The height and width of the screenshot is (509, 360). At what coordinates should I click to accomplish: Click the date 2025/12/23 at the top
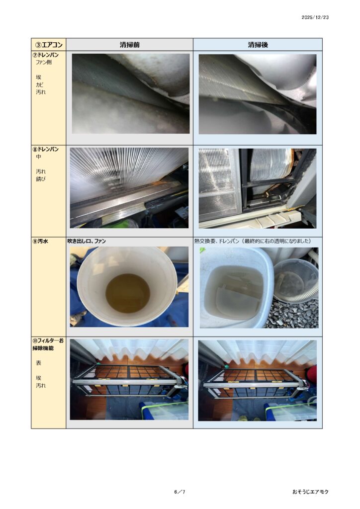(315, 17)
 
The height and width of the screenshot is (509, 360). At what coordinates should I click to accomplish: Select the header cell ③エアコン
(49, 44)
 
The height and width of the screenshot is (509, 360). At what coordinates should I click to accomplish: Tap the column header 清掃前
(129, 45)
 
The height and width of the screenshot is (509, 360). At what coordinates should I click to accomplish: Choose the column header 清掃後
(258, 45)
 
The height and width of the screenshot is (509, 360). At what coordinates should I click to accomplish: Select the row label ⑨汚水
(40, 241)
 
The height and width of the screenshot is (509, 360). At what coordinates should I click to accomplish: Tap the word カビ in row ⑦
(40, 85)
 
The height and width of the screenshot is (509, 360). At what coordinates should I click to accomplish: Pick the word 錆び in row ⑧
(40, 179)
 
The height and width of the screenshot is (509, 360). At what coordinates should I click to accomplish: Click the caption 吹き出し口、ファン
(87, 241)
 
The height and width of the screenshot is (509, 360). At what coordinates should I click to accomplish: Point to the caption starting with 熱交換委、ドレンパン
(253, 241)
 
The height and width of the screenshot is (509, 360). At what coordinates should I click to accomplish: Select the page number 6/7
(180, 492)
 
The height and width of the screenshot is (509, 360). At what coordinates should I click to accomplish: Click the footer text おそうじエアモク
(310, 492)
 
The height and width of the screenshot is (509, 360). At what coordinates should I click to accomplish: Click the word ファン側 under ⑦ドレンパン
(43, 62)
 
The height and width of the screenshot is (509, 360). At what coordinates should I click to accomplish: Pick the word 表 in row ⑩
(39, 363)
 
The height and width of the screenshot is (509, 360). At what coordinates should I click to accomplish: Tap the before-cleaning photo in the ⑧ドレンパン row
(129, 188)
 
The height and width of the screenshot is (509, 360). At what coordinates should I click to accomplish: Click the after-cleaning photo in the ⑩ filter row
(258, 380)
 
